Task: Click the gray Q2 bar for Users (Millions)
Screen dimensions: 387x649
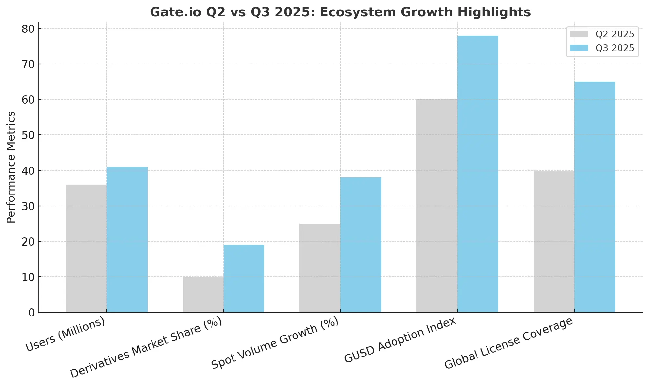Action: tap(86, 248)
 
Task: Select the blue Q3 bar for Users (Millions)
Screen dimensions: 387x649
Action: tap(127, 239)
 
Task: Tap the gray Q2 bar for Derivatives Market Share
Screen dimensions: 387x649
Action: tap(203, 294)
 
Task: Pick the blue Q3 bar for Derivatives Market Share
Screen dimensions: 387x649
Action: tap(244, 278)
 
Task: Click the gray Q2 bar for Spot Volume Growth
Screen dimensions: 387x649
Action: tap(320, 268)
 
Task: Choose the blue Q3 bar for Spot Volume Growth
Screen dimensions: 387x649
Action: tap(361, 245)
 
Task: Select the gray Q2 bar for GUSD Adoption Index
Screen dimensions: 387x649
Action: tap(437, 206)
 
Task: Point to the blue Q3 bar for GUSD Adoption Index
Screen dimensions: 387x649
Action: tap(478, 174)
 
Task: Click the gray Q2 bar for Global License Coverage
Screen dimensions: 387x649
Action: tap(554, 241)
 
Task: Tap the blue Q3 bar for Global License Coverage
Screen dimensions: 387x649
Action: tap(595, 197)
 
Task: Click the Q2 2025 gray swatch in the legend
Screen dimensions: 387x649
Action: tap(579, 34)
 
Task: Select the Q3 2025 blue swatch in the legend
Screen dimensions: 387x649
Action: tap(579, 48)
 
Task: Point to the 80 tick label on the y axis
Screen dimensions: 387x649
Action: tap(28, 29)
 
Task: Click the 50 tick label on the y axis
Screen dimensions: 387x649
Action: tap(28, 135)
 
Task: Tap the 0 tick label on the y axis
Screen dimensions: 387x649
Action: tap(31, 313)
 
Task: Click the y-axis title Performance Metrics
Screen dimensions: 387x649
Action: tap(11, 167)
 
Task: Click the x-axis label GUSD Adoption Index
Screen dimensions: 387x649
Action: tap(400, 340)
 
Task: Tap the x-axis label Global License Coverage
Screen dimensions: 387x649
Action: tap(508, 343)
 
